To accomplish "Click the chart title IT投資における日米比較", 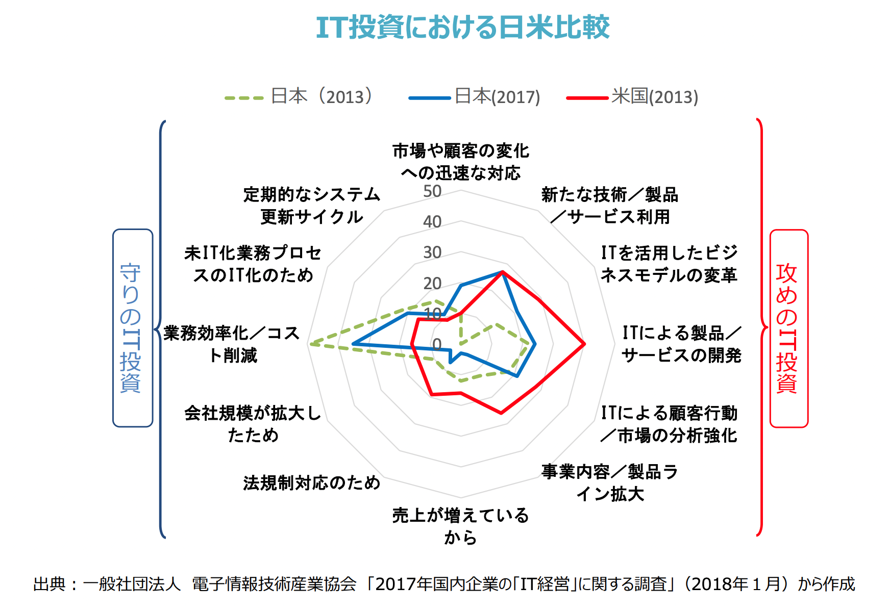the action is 462,28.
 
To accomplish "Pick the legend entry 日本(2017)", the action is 474,96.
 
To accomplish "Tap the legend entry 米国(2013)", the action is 632,96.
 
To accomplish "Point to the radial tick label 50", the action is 432,191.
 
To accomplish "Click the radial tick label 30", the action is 432,252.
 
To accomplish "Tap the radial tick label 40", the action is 432,222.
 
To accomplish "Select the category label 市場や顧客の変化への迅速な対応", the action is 461,162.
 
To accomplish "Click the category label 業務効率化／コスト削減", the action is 232,344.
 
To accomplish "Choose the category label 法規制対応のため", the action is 312,482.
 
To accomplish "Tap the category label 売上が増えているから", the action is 461,526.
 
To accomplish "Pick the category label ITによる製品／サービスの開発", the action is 681,344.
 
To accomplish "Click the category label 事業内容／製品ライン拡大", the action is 610,482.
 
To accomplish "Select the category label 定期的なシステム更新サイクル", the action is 312,206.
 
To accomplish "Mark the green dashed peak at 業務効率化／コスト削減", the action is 310,344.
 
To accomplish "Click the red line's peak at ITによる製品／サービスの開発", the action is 584,344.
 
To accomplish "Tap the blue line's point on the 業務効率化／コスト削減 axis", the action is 353,344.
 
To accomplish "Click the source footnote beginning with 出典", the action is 444,584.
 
